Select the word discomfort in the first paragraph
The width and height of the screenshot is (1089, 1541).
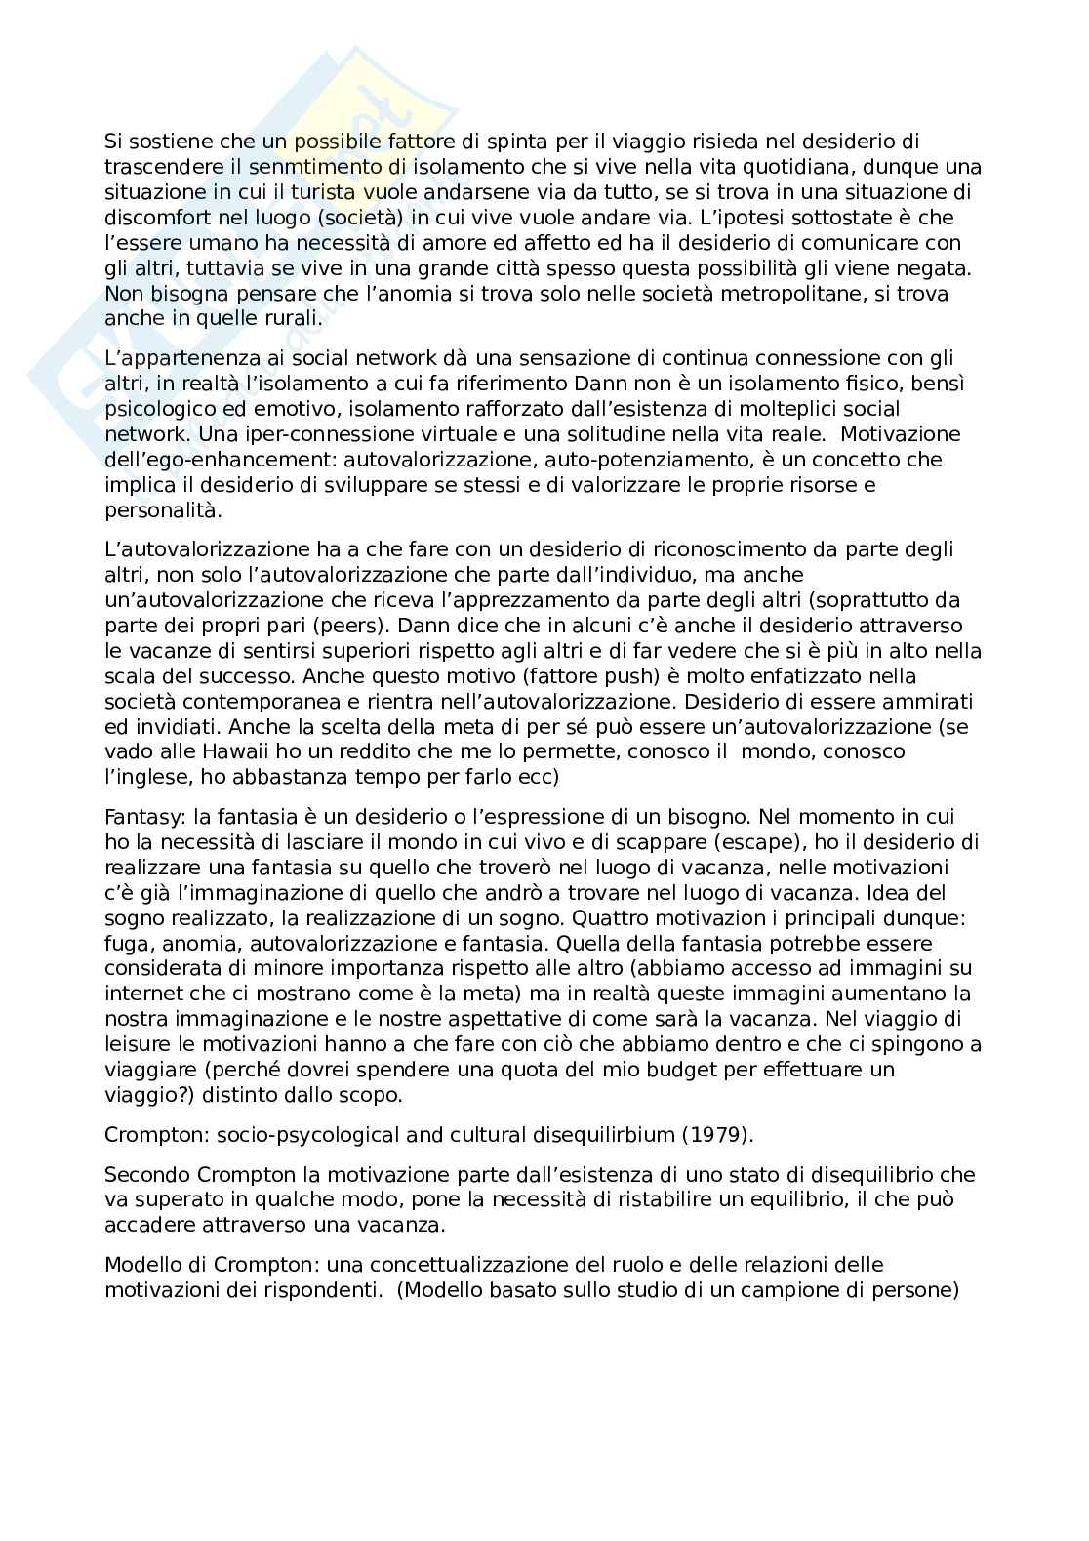[153, 218]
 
